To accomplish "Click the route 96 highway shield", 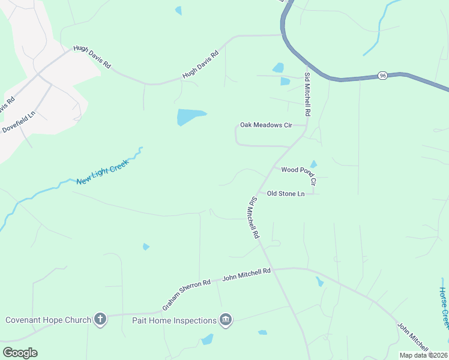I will pyautogui.click(x=382, y=76).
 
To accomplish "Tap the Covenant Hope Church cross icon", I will pyautogui.click(x=100, y=320).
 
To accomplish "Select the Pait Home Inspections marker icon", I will pyautogui.click(x=226, y=320).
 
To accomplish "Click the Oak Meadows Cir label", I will pyautogui.click(x=265, y=125).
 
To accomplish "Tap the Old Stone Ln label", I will pyautogui.click(x=286, y=193).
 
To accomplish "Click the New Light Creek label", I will pyautogui.click(x=102, y=172).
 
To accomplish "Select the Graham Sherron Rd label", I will pyautogui.click(x=186, y=295).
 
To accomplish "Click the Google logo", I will pyautogui.click(x=20, y=352).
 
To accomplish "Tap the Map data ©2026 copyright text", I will pyautogui.click(x=423, y=355).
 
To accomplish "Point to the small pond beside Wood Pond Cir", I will pyautogui.click(x=313, y=164).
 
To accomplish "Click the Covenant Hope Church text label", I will pyautogui.click(x=48, y=320).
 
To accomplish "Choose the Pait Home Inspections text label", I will pyautogui.click(x=174, y=320).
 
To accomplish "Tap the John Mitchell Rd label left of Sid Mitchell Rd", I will pyautogui.click(x=247, y=274).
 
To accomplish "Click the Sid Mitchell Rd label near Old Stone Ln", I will pyautogui.click(x=253, y=217).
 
